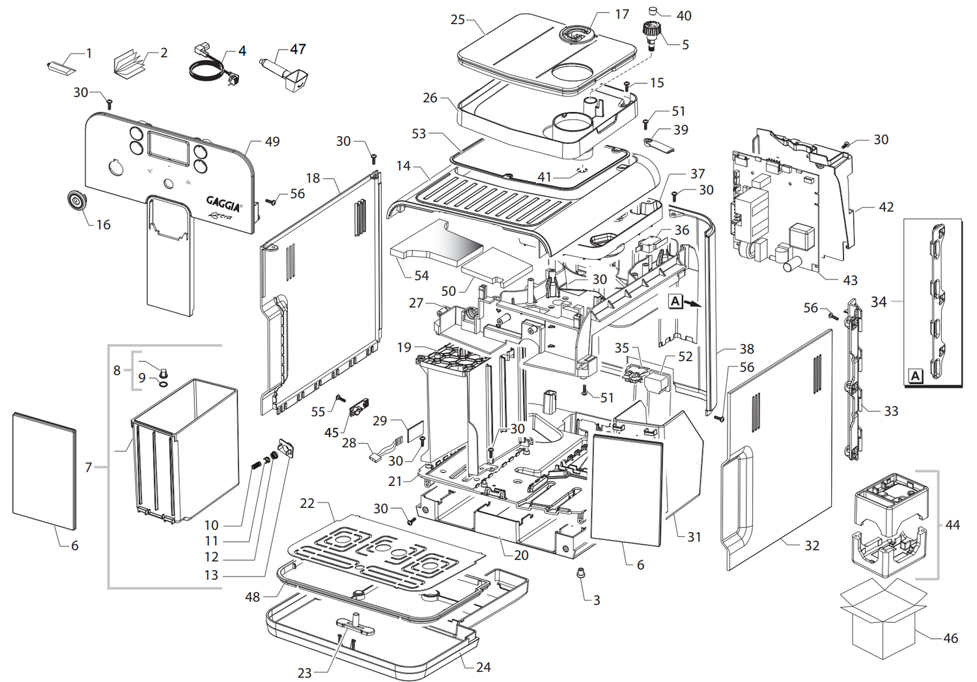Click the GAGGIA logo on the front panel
pos(223,203)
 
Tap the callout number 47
pos(298,50)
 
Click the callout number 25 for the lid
pos(457,20)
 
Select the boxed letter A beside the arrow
pos(675,302)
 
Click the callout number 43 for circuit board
pos(850,280)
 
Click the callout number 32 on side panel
pos(812,545)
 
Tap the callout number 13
pos(211,575)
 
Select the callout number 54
pos(421,276)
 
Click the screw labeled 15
pos(627,85)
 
